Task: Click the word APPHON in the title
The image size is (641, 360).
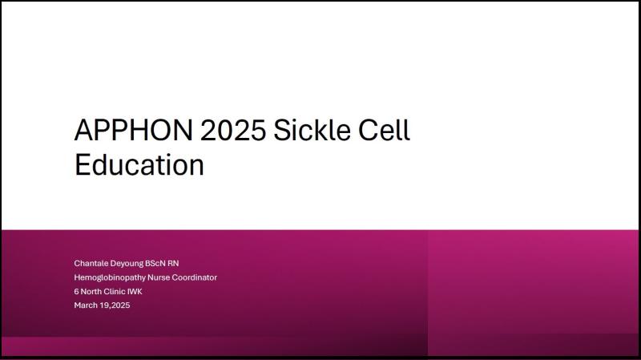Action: pyautogui.click(x=133, y=130)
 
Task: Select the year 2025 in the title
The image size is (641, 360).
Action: pyautogui.click(x=233, y=130)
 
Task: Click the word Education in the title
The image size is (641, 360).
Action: pyautogui.click(x=139, y=164)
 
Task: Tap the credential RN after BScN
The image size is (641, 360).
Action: pyautogui.click(x=173, y=263)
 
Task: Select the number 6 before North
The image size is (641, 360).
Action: pyautogui.click(x=76, y=291)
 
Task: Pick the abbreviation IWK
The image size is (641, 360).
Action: pyautogui.click(x=135, y=291)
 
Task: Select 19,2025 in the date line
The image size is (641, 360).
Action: pyautogui.click(x=115, y=305)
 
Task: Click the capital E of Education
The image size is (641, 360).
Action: pyautogui.click(x=82, y=164)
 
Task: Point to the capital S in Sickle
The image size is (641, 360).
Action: pyautogui.click(x=283, y=130)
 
